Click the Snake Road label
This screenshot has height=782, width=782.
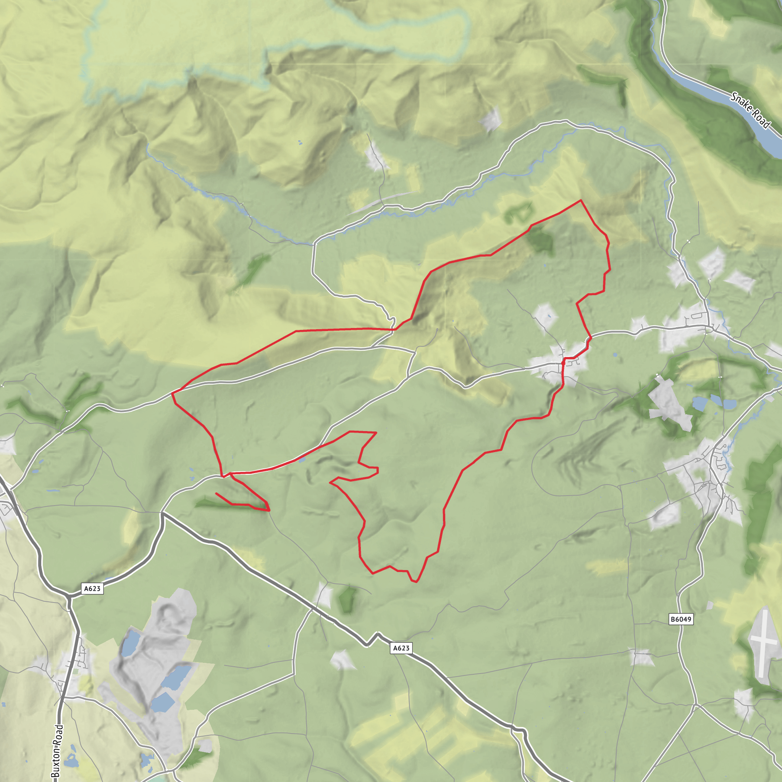pyautogui.click(x=750, y=110)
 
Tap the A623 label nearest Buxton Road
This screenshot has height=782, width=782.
pyautogui.click(x=92, y=588)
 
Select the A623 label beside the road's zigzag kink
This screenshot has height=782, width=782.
pyautogui.click(x=401, y=648)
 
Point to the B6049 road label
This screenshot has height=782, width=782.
pyautogui.click(x=681, y=619)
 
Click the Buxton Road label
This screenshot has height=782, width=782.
pyautogui.click(x=58, y=750)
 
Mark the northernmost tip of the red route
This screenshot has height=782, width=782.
pyautogui.click(x=581, y=200)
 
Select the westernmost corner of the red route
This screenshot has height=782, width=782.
pyautogui.click(x=173, y=393)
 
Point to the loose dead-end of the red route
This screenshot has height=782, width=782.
pyautogui.click(x=217, y=493)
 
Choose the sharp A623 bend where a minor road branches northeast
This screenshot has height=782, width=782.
pyautogui.click(x=162, y=514)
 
